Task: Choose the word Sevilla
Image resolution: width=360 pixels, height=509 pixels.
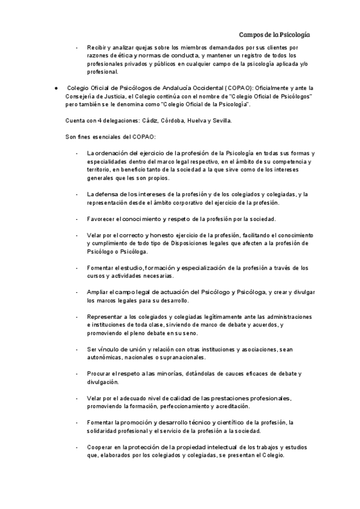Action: point(219,121)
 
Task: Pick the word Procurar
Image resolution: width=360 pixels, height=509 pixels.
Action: point(100,373)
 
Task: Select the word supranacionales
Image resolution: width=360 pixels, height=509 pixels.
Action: point(178,357)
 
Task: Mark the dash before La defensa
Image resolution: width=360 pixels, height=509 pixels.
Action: point(77,194)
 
